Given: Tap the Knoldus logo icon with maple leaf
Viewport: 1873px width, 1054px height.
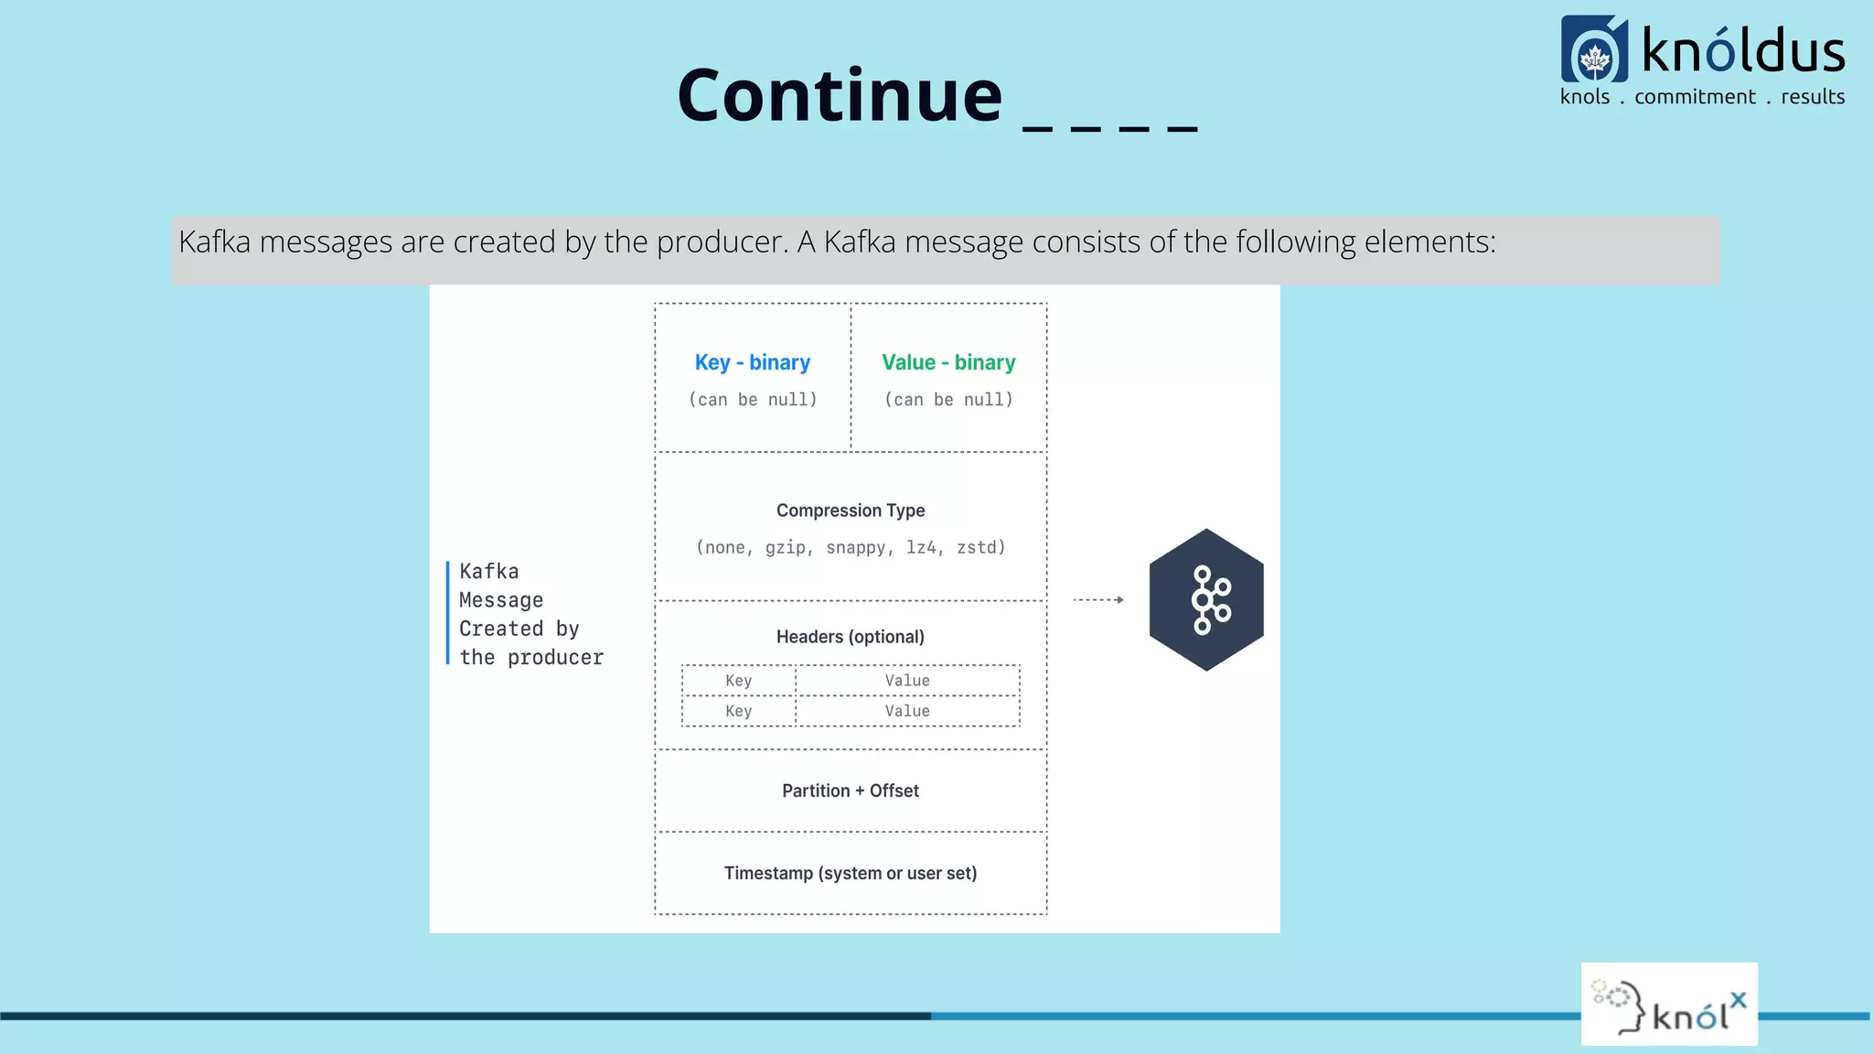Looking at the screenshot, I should [x=1594, y=50].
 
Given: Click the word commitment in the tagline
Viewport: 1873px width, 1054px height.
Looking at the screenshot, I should [x=1695, y=97].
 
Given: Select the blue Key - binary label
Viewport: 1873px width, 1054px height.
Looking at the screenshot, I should [x=752, y=362].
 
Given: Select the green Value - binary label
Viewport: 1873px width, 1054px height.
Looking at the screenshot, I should [x=948, y=362].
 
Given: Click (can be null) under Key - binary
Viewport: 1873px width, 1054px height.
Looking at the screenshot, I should [x=752, y=400].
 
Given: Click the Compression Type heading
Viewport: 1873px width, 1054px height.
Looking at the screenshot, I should [x=851, y=511].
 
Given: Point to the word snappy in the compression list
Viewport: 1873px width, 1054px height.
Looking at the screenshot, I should [x=856, y=548].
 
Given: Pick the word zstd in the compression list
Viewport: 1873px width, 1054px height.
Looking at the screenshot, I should [x=979, y=548].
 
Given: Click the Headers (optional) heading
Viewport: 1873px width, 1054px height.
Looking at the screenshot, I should [x=851, y=637].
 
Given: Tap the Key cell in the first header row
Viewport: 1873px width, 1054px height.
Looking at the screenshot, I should [x=738, y=681].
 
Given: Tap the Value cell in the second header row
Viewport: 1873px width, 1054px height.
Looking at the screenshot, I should [x=906, y=711].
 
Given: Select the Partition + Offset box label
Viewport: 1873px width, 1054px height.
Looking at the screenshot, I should [x=851, y=790].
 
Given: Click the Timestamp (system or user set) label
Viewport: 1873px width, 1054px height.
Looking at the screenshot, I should [x=851, y=874].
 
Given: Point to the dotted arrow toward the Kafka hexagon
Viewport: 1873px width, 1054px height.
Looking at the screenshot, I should [x=1097, y=600].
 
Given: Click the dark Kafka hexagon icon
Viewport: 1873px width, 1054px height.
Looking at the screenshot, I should [x=1206, y=600].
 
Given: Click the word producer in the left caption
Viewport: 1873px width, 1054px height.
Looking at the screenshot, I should [x=555, y=658].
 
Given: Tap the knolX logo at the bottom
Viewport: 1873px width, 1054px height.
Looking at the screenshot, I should [x=1669, y=1005].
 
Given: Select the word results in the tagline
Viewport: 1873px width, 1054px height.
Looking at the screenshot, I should [x=1812, y=97].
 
